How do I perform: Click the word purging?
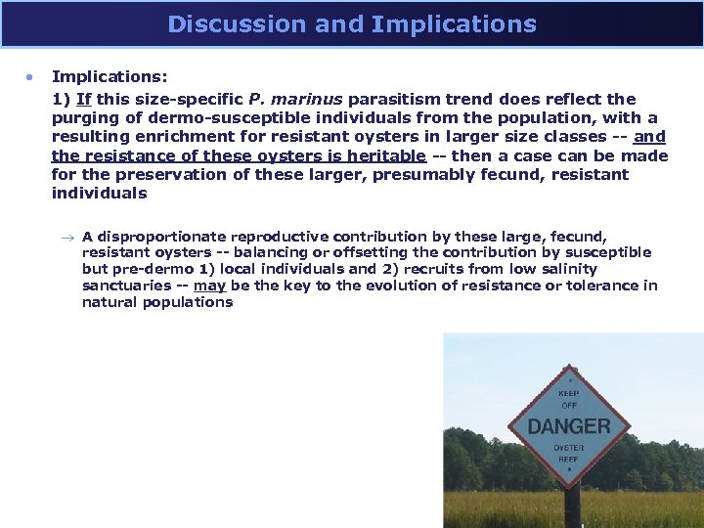86,117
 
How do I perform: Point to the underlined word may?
209,286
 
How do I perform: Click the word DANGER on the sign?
569,426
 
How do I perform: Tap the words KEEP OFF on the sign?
569,399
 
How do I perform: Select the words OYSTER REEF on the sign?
569,454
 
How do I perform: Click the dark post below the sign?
572,506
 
